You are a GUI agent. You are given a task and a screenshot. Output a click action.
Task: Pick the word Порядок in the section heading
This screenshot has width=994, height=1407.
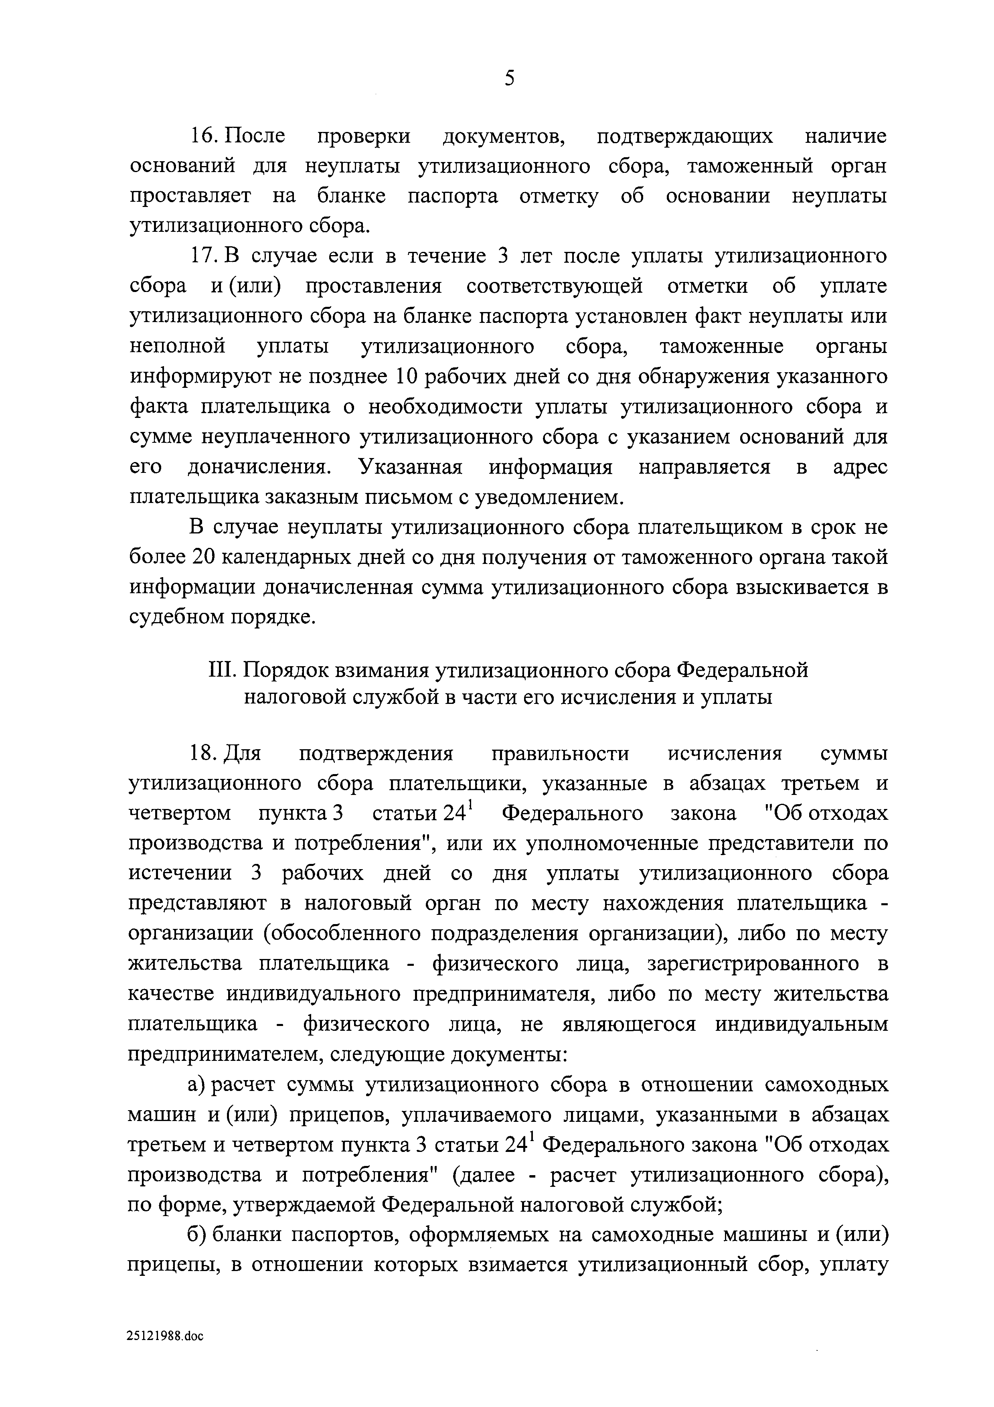[x=285, y=670]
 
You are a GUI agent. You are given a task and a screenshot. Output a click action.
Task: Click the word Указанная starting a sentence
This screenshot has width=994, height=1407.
[x=410, y=467]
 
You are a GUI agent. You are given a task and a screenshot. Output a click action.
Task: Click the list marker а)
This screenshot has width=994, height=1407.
[x=196, y=1085]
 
